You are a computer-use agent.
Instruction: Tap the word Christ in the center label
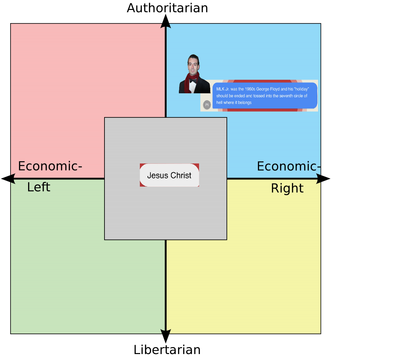[181, 175]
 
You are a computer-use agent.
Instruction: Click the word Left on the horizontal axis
[39, 187]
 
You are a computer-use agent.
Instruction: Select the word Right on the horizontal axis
[287, 188]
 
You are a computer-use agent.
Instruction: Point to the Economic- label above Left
[50, 166]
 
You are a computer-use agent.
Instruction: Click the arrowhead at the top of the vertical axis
[166, 26]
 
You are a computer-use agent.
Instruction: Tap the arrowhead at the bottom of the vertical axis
[166, 331]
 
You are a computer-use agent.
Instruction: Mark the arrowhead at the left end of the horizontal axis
[13, 179]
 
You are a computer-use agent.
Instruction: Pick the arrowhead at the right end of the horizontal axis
[318, 179]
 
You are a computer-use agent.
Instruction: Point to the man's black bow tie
[193, 80]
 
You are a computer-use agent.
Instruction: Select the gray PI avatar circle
[207, 105]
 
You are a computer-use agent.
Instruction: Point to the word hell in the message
[220, 103]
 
